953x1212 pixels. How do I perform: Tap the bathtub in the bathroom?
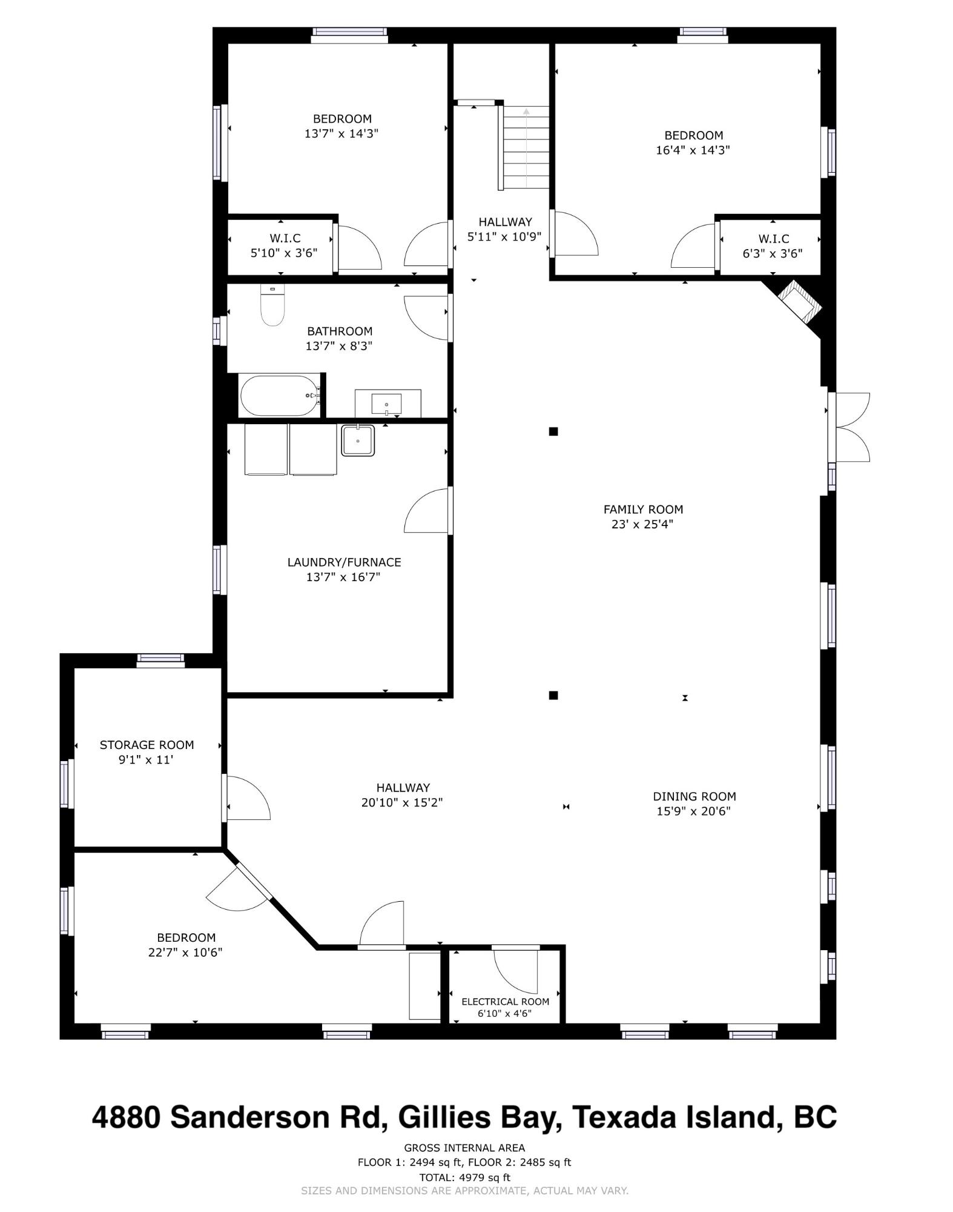280,396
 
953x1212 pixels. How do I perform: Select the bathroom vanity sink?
387,404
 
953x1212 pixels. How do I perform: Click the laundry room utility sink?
358,440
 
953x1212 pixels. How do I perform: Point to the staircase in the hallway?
526,147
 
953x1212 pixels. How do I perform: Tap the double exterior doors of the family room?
849,427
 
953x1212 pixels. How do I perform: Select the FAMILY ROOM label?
643,510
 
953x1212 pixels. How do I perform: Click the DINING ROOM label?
694,796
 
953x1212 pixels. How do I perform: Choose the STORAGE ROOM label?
147,745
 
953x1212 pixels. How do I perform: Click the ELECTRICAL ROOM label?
505,1002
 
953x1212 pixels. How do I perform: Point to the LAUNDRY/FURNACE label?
344,562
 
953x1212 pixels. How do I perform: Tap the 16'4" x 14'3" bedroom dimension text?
693,150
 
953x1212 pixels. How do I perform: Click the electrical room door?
515,970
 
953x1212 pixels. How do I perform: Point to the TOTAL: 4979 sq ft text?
465,1177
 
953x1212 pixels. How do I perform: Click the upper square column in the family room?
553,431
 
